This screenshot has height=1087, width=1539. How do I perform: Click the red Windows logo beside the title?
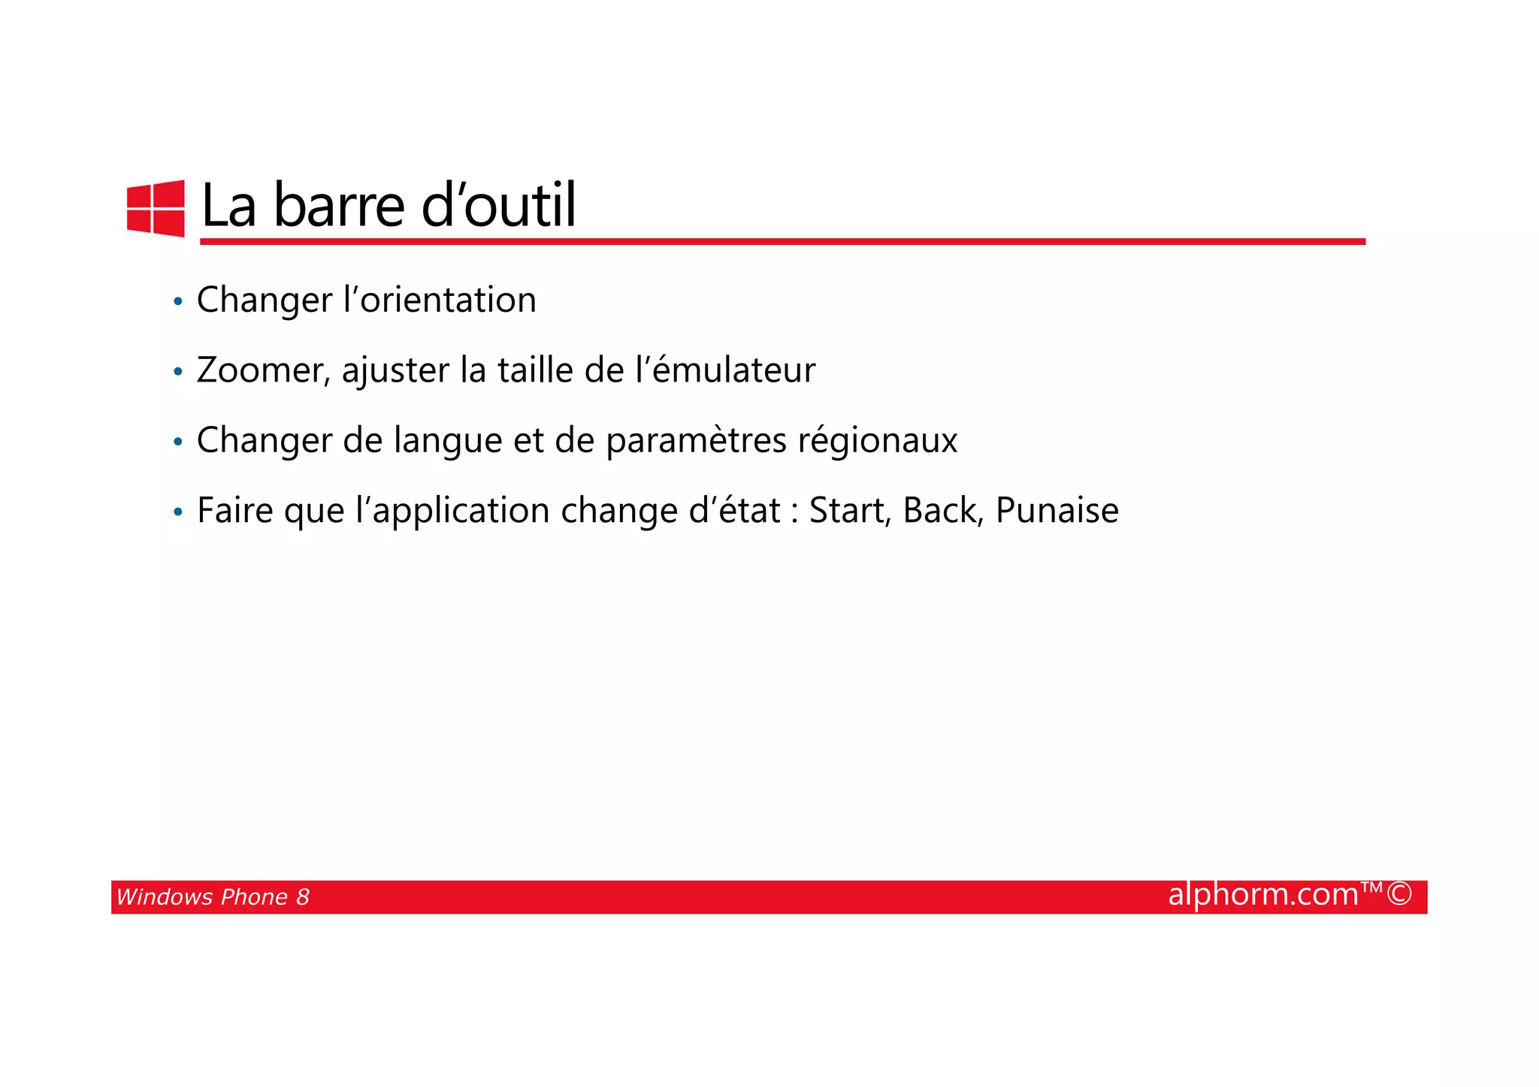click(156, 208)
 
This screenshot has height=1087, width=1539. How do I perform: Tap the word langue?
click(448, 441)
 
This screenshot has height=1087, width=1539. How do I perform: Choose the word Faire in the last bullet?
click(234, 511)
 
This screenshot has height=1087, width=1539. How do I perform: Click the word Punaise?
click(1057, 511)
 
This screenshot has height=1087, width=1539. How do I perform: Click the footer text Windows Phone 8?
click(213, 897)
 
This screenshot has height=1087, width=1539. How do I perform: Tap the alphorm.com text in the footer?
click(1264, 895)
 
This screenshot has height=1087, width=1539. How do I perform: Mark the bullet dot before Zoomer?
click(178, 372)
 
